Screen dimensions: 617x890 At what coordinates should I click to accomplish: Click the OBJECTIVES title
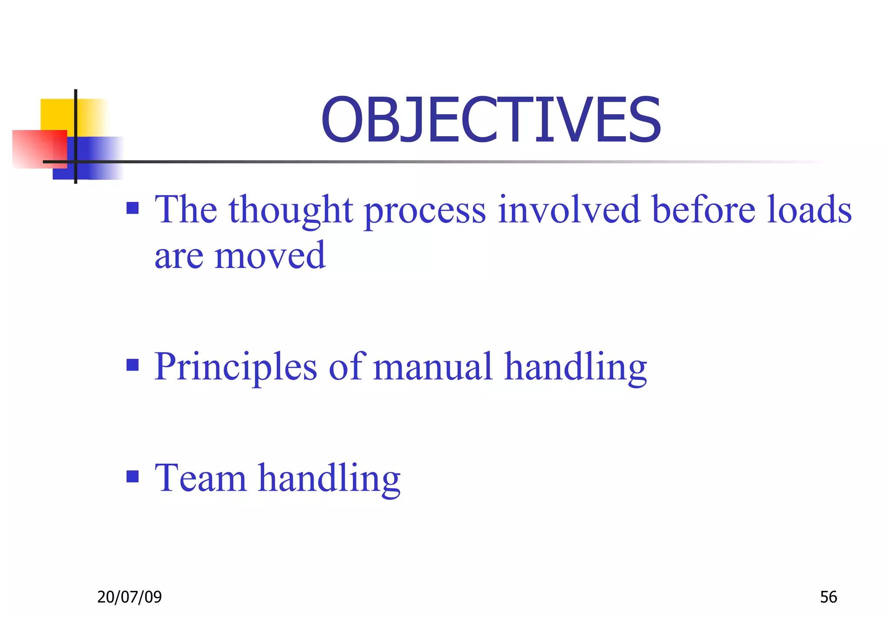coord(491,120)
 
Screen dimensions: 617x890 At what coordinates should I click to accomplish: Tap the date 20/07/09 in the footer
coord(129,597)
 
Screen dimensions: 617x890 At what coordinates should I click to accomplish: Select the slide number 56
coord(828,597)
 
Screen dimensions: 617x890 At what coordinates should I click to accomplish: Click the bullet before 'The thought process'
coord(133,208)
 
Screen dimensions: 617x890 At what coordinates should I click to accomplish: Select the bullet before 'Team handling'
coord(133,476)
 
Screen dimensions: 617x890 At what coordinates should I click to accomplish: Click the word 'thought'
coord(291,211)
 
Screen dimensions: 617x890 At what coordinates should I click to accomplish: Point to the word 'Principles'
coord(236,368)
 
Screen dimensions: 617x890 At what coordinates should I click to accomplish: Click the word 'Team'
coord(200,478)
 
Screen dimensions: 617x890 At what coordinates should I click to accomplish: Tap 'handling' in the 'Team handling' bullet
coord(329,480)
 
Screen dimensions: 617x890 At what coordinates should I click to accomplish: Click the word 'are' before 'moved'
coord(179,258)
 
